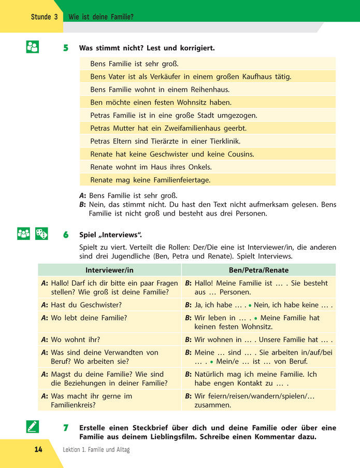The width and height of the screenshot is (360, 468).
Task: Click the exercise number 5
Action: pyautogui.click(x=65, y=48)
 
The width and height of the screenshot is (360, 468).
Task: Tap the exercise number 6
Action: pyautogui.click(x=65, y=235)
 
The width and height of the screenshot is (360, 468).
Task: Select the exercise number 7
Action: pyautogui.click(x=65, y=428)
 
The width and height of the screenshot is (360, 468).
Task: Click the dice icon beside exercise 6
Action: pyautogui.click(x=41, y=234)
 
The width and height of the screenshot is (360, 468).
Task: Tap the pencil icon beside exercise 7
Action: pyautogui.click(x=32, y=427)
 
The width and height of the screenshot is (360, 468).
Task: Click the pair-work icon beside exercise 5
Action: pyautogui.click(x=32, y=47)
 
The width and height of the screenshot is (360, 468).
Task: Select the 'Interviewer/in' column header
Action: pyautogui.click(x=109, y=270)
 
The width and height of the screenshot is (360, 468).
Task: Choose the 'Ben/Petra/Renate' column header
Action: pyautogui.click(x=258, y=270)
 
